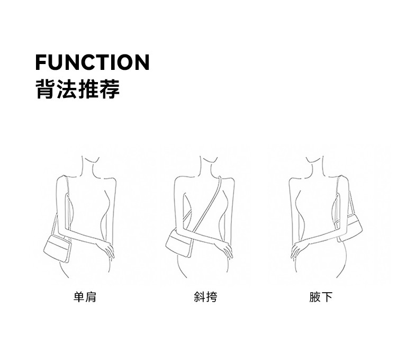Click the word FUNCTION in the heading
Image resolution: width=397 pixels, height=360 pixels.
click(92, 62)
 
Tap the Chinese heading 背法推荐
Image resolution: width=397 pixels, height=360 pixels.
click(77, 88)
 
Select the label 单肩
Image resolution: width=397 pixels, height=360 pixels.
click(85, 297)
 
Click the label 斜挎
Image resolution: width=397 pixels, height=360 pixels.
click(205, 297)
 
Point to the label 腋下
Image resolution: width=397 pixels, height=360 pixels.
click(321, 297)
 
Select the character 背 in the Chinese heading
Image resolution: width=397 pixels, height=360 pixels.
click(46, 88)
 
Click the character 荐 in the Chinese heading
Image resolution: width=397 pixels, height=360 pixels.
click(110, 88)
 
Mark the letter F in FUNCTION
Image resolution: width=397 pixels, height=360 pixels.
click(41, 62)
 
